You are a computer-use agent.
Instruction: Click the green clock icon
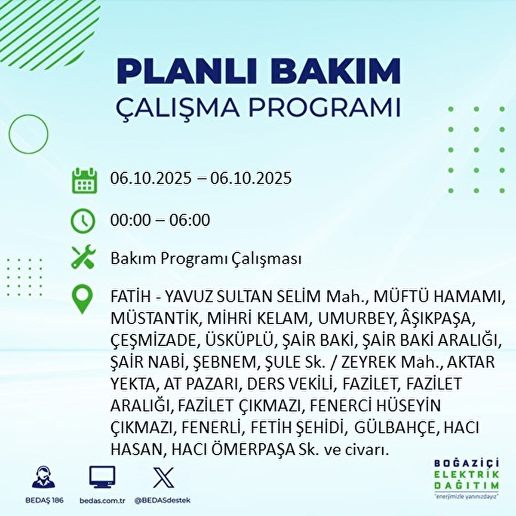coord(82,221)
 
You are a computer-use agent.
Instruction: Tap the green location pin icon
coord(82,300)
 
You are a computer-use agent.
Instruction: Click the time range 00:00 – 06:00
coord(160,221)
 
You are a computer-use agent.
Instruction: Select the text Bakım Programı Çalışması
coord(206,259)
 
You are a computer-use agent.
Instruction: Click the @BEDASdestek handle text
coord(163,501)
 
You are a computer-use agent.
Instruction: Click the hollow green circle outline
coord(28,134)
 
